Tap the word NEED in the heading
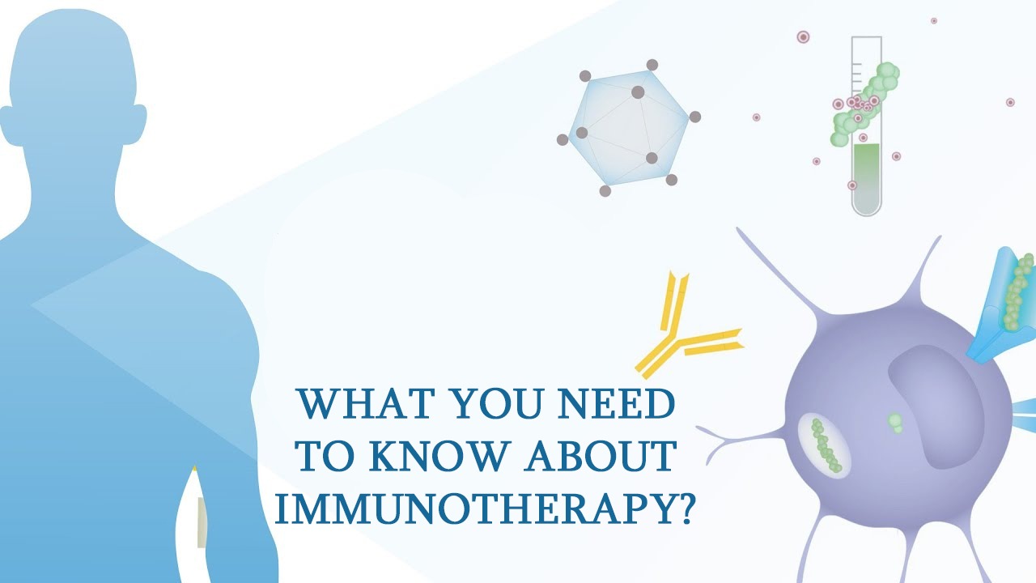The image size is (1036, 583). [x=617, y=403]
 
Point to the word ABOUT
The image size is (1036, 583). [x=600, y=456]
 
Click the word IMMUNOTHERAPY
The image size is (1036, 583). [x=473, y=509]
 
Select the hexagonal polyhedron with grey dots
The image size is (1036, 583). [x=629, y=128]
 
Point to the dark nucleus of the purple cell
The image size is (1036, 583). [x=934, y=407]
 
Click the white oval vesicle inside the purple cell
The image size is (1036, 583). [x=824, y=445]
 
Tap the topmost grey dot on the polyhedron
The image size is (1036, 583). [x=652, y=65]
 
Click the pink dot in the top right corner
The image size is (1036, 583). [x=934, y=21]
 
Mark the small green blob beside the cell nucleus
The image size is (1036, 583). [x=895, y=423]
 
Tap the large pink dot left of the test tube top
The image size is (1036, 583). [x=804, y=37]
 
